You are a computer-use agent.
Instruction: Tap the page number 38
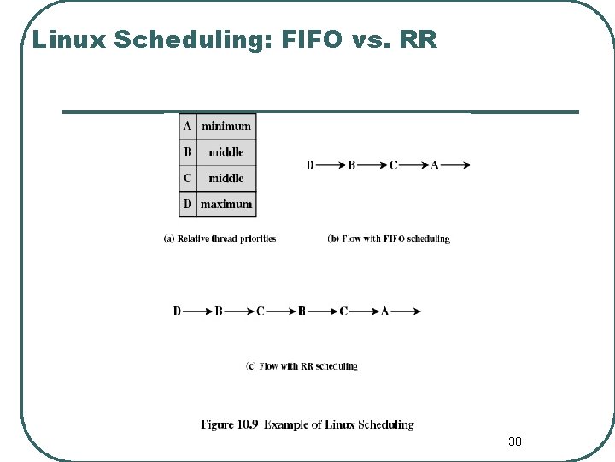click(514, 441)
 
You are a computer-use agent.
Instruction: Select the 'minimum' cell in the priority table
click(226, 126)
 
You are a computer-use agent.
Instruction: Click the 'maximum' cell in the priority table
click(226, 204)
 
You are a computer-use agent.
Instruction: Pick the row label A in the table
click(187, 126)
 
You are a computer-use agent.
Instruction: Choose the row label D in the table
click(187, 204)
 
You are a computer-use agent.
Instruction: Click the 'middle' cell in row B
click(226, 152)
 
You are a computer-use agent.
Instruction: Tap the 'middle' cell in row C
click(226, 178)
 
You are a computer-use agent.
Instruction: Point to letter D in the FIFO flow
click(310, 165)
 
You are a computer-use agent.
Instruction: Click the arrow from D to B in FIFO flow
click(330, 165)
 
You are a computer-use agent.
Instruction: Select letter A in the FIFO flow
click(435, 165)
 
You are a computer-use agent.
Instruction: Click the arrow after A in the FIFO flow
click(455, 165)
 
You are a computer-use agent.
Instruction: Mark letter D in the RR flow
click(178, 311)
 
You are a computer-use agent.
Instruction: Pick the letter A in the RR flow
click(384, 311)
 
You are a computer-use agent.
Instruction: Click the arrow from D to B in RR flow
click(197, 311)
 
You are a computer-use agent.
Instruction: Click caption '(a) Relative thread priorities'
click(220, 239)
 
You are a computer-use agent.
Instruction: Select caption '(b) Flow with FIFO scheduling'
click(388, 239)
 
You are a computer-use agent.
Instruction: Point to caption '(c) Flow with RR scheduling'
click(302, 366)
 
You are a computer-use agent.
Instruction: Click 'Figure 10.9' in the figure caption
click(231, 424)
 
